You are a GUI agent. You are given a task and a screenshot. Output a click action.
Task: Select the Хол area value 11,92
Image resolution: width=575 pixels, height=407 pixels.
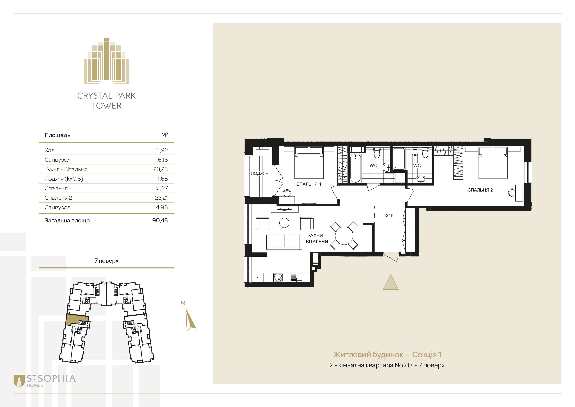point(161,150)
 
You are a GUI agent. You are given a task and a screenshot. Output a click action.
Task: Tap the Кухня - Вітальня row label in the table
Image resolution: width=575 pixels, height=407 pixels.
point(66,169)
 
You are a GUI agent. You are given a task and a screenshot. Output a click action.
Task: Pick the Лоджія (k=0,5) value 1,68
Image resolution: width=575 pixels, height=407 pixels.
point(162,179)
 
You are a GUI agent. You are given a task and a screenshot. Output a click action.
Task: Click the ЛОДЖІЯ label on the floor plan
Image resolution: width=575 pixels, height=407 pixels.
point(260,173)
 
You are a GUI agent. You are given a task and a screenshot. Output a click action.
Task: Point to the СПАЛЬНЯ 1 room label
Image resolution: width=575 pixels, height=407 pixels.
point(309,184)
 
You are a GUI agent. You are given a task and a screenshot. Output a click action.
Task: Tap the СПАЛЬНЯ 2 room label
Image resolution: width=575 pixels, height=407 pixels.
point(480,190)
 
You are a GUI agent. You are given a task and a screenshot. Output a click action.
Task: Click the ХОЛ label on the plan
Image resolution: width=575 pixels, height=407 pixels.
point(389,215)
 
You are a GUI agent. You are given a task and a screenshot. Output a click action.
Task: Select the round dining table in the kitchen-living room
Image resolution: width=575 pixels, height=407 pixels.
point(344,236)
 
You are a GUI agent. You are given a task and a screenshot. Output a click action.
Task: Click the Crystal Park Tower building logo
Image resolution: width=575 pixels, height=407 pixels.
point(106,61)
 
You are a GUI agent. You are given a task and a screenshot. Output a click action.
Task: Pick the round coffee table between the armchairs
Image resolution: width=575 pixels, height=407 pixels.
point(284,223)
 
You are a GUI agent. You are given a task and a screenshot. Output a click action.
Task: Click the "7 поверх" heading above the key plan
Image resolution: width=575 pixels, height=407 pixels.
point(106,261)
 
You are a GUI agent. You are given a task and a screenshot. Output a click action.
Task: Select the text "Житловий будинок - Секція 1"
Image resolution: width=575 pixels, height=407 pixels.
point(387,355)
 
